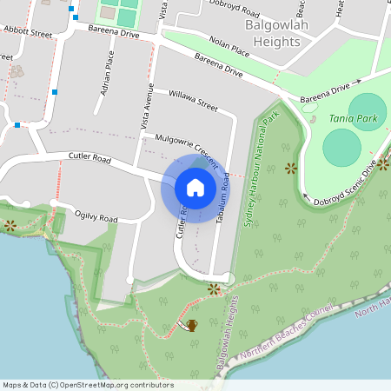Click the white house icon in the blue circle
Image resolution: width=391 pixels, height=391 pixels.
[195, 188]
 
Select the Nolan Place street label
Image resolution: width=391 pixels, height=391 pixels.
[229, 47]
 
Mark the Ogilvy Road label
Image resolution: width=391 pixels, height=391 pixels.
[96, 217]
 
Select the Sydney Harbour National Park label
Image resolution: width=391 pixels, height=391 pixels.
[261, 169]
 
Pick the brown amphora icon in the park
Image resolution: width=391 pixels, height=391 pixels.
[191, 325]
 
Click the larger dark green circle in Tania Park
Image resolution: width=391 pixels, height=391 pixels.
[341, 148]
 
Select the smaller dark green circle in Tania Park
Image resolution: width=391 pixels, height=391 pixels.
[368, 111]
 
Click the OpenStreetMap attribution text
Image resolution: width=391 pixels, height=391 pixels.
[88, 385]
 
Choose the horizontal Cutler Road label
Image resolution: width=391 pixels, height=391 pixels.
[89, 159]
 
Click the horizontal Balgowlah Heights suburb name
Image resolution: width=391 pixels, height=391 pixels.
[280, 34]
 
